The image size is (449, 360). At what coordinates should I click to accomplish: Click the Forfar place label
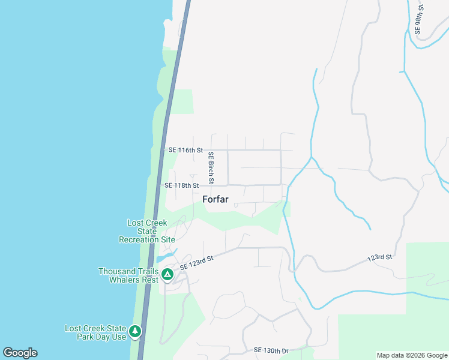[x=215, y=200]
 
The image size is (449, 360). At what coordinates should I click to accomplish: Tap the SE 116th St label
[x=186, y=150]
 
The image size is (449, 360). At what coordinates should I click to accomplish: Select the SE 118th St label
[x=181, y=186]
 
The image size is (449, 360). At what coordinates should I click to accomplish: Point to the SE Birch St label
[x=211, y=167]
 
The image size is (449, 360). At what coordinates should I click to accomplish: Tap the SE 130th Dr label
[x=271, y=350]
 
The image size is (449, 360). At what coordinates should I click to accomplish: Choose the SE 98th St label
[x=419, y=19]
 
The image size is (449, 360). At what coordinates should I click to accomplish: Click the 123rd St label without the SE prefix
[x=379, y=257]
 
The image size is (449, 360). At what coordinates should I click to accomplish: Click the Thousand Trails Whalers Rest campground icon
[x=167, y=275]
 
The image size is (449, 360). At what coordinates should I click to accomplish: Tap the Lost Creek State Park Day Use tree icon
[x=135, y=331]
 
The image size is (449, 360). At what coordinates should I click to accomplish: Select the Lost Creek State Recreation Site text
[x=147, y=231]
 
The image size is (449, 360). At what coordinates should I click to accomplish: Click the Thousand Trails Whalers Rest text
[x=128, y=275]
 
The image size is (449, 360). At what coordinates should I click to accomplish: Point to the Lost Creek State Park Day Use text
[x=96, y=332]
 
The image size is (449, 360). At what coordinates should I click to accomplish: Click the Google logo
[x=20, y=353]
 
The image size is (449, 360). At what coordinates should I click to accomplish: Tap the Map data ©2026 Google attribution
[x=411, y=355]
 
